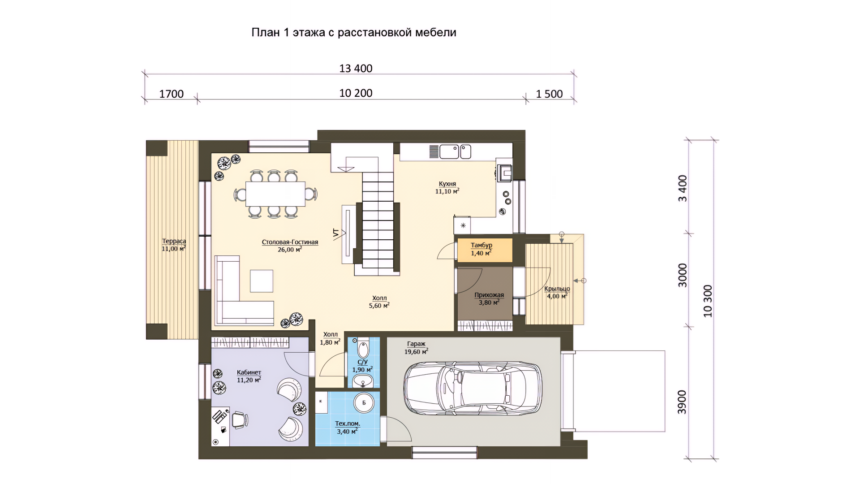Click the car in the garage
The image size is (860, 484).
473,388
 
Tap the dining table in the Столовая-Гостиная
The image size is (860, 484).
275,194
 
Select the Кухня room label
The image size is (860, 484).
447,184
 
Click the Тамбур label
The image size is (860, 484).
482,245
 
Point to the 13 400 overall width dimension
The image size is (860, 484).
356,68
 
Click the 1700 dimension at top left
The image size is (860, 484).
172,94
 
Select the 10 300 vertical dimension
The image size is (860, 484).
708,301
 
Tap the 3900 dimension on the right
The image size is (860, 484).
682,402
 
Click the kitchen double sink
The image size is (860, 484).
455,151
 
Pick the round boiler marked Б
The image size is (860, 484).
364,402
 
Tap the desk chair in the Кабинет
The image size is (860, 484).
240,420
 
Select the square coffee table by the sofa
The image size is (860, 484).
262,281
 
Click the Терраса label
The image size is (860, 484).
174,241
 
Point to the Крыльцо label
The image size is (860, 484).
557,289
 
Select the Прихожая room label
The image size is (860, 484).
489,295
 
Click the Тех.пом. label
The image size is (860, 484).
348,423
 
